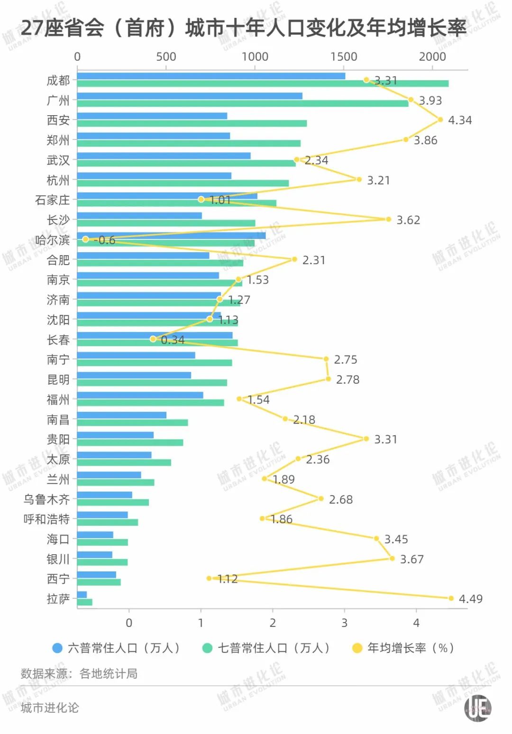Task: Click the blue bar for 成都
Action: (x=211, y=76)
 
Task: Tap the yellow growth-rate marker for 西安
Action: (x=440, y=119)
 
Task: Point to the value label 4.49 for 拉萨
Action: (x=470, y=599)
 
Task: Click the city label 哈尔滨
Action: (x=52, y=240)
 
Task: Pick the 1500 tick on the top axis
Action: (x=344, y=57)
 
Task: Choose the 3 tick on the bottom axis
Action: (x=344, y=623)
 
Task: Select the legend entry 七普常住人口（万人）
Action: (x=266, y=648)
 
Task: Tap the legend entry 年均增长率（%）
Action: (x=404, y=648)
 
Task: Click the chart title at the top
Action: (x=244, y=28)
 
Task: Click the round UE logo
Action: (x=478, y=708)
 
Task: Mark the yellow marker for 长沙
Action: (x=388, y=219)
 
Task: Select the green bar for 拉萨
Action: (x=85, y=602)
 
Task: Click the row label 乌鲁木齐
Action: (x=46, y=499)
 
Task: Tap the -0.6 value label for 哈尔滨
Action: (x=105, y=240)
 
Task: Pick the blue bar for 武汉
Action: (x=164, y=156)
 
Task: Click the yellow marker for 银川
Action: (x=392, y=558)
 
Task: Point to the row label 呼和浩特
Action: (x=46, y=519)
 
